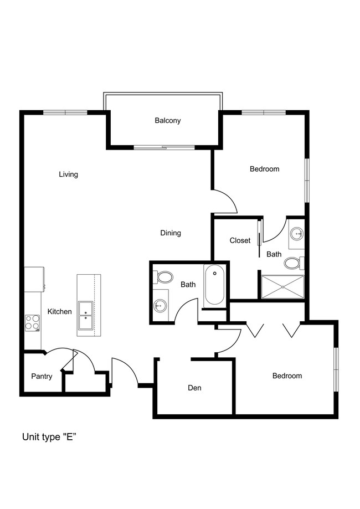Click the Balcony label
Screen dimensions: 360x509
tap(167, 121)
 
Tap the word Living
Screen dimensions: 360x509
tap(68, 174)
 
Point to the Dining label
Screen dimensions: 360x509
tap(171, 233)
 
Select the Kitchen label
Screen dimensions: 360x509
tap(59, 312)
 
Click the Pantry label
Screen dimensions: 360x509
tap(42, 376)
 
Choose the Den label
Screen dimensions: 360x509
tap(194, 388)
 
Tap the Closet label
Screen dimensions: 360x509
tap(240, 240)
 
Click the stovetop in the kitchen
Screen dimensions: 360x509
tap(33, 323)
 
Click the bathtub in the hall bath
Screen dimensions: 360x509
tap(214, 285)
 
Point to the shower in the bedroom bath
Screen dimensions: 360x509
tap(283, 287)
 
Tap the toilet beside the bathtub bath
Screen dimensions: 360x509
tap(164, 277)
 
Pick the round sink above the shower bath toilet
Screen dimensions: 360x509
tap(297, 233)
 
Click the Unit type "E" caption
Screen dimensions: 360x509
tap(49, 437)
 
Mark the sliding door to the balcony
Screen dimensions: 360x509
tap(164, 148)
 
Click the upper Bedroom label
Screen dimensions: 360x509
tap(265, 169)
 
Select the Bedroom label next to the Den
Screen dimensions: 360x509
tap(287, 376)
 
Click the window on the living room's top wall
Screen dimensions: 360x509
tap(65, 112)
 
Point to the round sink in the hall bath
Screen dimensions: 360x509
tap(160, 305)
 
